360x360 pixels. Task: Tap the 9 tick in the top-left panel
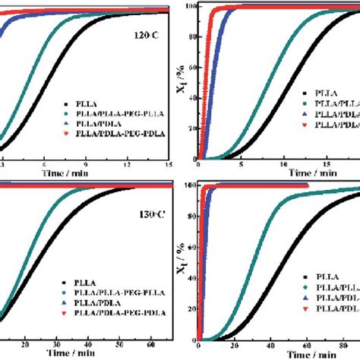86,163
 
